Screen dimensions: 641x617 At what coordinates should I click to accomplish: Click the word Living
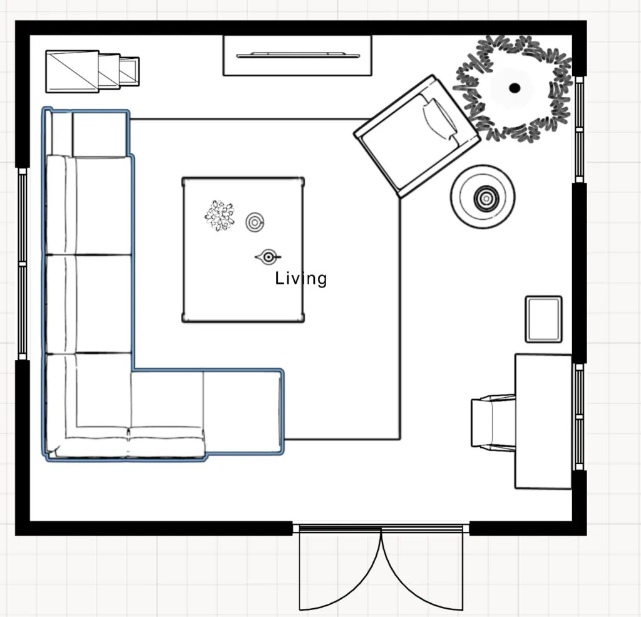[301, 279]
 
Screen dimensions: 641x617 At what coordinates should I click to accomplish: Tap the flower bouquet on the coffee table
[220, 215]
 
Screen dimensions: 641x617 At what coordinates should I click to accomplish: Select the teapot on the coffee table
[268, 257]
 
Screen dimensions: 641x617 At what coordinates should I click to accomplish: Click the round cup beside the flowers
[255, 222]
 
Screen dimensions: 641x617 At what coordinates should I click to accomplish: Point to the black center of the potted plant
[515, 88]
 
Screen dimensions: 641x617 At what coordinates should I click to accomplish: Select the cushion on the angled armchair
[439, 118]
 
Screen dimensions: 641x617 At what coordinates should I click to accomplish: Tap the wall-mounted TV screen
[298, 55]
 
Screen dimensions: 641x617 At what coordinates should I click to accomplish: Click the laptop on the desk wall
[543, 319]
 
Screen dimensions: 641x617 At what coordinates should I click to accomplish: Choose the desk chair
[493, 423]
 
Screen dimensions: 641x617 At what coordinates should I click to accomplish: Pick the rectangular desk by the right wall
[543, 421]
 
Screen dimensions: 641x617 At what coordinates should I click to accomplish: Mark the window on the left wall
[23, 264]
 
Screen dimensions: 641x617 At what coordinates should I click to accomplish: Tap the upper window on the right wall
[579, 129]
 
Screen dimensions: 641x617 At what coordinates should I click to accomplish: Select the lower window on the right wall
[579, 417]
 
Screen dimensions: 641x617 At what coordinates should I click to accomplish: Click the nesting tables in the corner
[92, 71]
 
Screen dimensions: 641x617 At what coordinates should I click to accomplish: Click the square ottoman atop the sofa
[100, 134]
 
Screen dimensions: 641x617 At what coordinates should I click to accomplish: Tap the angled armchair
[416, 137]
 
